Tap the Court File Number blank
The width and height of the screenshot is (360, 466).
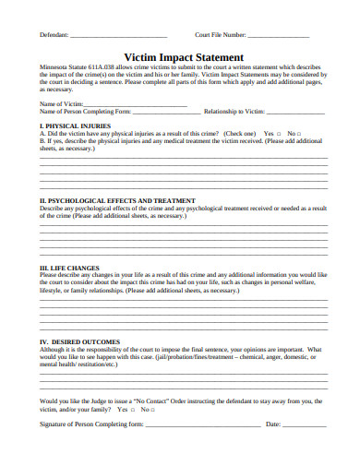click(x=278, y=35)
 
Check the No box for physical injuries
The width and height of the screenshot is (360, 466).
click(x=299, y=132)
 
